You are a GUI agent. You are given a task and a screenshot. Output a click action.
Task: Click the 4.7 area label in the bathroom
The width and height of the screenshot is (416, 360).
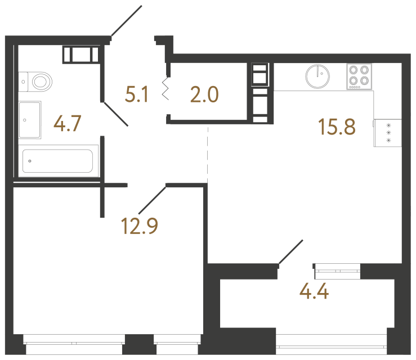(x=67, y=124)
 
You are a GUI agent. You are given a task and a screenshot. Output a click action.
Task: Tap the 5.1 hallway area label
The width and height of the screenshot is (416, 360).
(x=136, y=94)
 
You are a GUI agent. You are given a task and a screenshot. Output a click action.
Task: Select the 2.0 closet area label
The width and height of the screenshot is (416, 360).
(x=204, y=94)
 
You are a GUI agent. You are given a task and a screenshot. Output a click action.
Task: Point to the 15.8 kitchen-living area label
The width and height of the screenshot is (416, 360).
(x=337, y=127)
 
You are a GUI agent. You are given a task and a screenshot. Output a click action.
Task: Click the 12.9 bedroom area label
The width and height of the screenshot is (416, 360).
(x=139, y=226)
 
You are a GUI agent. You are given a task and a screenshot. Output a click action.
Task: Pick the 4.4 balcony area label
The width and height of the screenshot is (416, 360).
(x=314, y=291)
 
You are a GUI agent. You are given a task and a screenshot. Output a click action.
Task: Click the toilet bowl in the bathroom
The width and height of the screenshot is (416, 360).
(x=42, y=82)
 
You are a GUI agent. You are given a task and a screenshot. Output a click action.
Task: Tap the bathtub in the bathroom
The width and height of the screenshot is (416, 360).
(x=58, y=161)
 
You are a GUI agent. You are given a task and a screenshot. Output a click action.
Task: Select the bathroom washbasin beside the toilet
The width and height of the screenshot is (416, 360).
(x=29, y=120)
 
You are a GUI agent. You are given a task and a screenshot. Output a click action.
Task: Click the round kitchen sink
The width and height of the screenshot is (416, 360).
(x=317, y=76)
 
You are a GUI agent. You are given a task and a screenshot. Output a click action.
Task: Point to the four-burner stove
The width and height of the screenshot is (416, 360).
(x=359, y=76)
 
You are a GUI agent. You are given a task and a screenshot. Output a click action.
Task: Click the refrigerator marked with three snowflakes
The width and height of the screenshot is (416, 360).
(x=388, y=133)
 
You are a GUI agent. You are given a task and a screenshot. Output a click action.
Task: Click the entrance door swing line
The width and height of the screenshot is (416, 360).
(x=126, y=21)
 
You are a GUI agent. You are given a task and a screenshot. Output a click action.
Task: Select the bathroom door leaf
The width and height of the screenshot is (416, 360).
(x=115, y=114)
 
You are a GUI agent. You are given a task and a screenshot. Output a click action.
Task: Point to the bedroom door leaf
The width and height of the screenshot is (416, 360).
(x=153, y=200)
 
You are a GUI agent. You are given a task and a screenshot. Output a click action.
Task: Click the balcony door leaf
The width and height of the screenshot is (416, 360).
(x=291, y=252)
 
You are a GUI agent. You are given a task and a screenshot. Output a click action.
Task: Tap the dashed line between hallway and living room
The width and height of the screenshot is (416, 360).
(x=208, y=155)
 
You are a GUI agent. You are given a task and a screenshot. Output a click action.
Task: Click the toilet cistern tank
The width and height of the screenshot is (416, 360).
(x=23, y=82)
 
